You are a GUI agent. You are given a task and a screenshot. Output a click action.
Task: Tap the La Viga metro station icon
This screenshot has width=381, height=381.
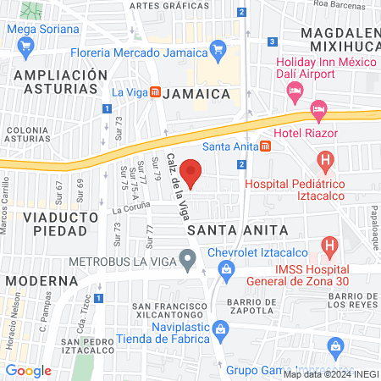pyautogui.click(x=155, y=92)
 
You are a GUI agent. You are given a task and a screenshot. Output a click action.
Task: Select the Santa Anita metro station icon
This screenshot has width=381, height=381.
pyautogui.click(x=266, y=146)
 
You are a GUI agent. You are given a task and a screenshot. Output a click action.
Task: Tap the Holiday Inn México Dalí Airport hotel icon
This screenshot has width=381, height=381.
pyautogui.click(x=295, y=90)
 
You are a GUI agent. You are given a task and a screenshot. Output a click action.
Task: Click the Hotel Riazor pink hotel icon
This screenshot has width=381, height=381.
pyautogui.click(x=318, y=108)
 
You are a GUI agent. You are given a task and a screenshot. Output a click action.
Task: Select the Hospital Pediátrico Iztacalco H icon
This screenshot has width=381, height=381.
pyautogui.click(x=324, y=159)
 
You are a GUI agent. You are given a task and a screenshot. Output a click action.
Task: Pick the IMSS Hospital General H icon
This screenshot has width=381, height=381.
pyautogui.click(x=330, y=247)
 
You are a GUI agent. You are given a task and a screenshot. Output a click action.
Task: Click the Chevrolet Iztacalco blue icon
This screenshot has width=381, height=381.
pyautogui.click(x=226, y=269)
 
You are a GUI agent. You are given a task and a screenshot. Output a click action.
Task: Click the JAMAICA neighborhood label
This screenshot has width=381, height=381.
pyautogui.click(x=196, y=92)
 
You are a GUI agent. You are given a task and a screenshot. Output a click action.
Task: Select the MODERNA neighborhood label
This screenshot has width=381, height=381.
pyautogui.click(x=41, y=280)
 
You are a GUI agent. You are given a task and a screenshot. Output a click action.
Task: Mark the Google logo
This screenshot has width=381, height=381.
pyautogui.click(x=29, y=370)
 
